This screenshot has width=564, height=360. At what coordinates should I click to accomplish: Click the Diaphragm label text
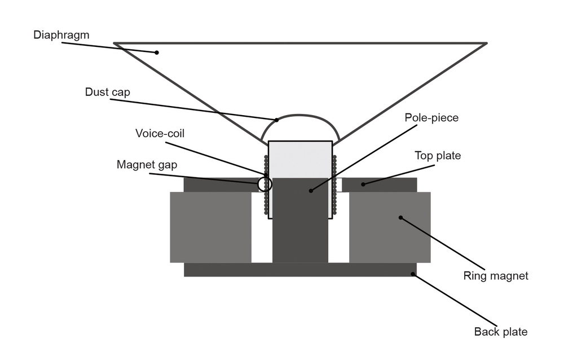(x=61, y=35)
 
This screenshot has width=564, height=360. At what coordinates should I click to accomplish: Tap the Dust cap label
(x=107, y=91)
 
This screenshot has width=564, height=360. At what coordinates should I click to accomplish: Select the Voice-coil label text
(x=160, y=134)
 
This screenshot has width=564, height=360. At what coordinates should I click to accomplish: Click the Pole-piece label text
(x=431, y=118)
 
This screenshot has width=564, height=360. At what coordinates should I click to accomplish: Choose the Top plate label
(x=437, y=155)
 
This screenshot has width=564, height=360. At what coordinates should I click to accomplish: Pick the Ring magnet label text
(x=496, y=276)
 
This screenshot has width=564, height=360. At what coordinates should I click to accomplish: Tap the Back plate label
(x=500, y=332)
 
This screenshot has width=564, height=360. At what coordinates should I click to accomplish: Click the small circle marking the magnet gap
(x=265, y=184)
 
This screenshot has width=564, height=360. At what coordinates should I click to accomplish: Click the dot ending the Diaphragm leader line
(x=157, y=53)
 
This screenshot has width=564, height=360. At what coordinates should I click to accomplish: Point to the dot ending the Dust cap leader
(x=277, y=120)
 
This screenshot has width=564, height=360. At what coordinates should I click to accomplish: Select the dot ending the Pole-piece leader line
(x=310, y=191)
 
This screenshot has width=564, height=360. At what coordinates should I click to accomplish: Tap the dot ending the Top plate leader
(x=363, y=184)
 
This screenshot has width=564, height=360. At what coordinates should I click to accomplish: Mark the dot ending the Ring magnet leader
(x=400, y=217)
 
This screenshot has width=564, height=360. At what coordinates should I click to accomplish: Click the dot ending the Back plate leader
(x=413, y=274)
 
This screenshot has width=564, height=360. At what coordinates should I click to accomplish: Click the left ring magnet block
(x=210, y=227)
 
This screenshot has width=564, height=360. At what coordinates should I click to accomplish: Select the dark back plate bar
(x=300, y=270)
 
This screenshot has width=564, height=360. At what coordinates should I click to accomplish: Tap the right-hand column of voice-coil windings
(x=334, y=186)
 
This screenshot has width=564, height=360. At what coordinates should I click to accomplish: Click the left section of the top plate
(x=220, y=185)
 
